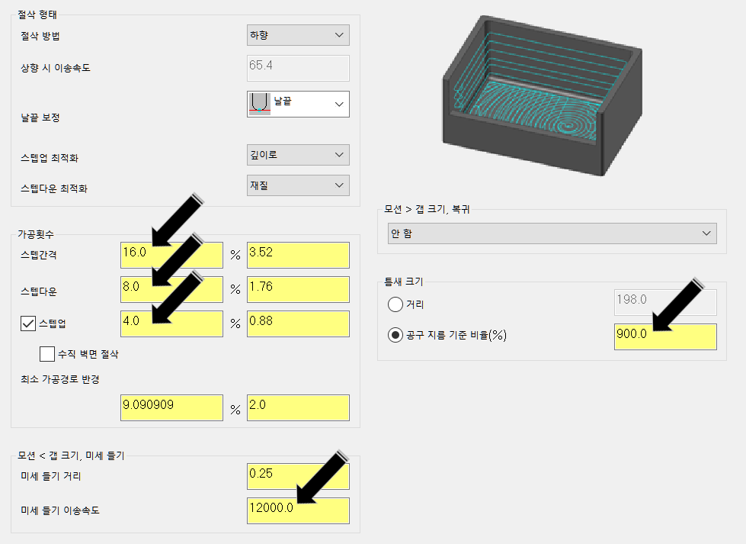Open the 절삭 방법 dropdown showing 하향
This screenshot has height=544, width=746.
pyautogui.click(x=298, y=35)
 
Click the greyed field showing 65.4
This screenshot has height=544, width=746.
pyautogui.click(x=298, y=68)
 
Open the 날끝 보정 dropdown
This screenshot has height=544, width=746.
pyautogui.click(x=298, y=105)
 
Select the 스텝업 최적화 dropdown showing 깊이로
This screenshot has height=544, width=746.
pyautogui.click(x=298, y=155)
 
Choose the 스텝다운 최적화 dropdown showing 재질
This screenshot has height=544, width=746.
pyautogui.click(x=298, y=185)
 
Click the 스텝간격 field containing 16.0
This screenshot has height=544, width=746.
pyautogui.click(x=171, y=255)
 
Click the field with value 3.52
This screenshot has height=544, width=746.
pyautogui.click(x=298, y=255)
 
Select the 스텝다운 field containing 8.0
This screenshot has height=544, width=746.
pyautogui.click(x=171, y=289)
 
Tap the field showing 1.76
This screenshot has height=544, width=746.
pyautogui.click(x=298, y=289)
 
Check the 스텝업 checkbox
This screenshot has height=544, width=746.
pyautogui.click(x=28, y=324)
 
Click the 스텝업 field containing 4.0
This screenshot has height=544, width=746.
pyautogui.click(x=171, y=324)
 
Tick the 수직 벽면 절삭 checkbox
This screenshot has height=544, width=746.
pyautogui.click(x=47, y=354)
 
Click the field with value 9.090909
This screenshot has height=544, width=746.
pyautogui.click(x=171, y=407)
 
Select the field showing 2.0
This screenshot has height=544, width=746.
pyautogui.click(x=298, y=407)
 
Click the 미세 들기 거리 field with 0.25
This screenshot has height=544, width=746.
pyautogui.click(x=298, y=476)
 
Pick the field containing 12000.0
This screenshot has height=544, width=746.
pyautogui.click(x=298, y=510)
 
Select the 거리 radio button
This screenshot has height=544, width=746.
pyautogui.click(x=395, y=304)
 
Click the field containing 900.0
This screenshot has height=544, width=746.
pyautogui.click(x=664, y=336)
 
